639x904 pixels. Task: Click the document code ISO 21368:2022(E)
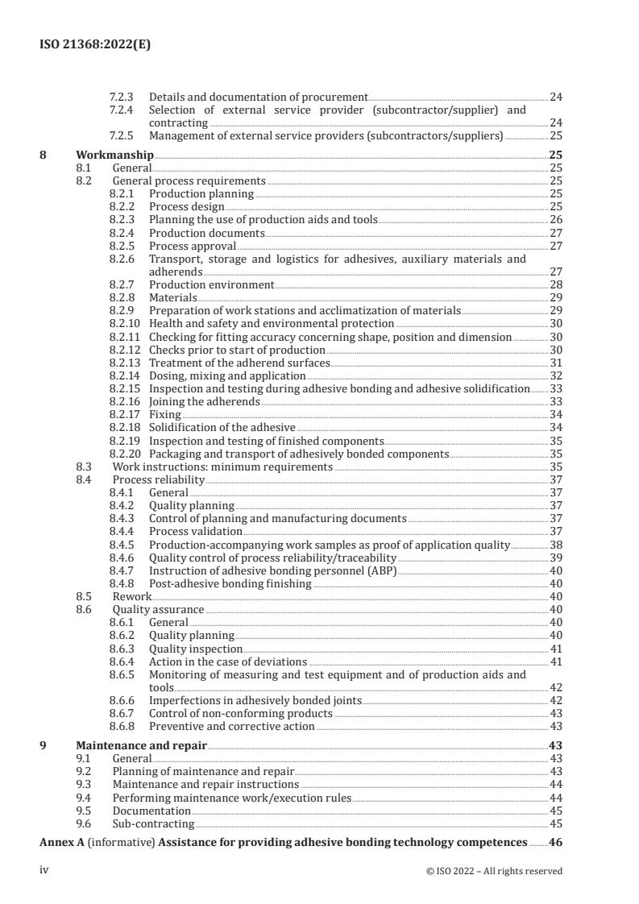pos(95,46)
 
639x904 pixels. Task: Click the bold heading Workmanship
pos(114,155)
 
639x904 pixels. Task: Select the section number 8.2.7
pos(122,284)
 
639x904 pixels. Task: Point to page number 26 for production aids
pos(555,220)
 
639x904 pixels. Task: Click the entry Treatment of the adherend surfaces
pos(239,363)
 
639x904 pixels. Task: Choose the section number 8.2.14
pos(125,375)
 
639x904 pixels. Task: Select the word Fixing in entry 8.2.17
pos(165,414)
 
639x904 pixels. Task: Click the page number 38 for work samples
pos(555,545)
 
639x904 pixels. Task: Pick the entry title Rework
pos(132,596)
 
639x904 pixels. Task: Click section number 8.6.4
pos(122,661)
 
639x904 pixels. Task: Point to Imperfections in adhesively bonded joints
pos(255,701)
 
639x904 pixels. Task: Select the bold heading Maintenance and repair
pos(141,745)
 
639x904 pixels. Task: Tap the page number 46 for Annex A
pos(555,842)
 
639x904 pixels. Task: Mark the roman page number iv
pos(45,870)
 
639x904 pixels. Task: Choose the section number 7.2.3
pos(122,97)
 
